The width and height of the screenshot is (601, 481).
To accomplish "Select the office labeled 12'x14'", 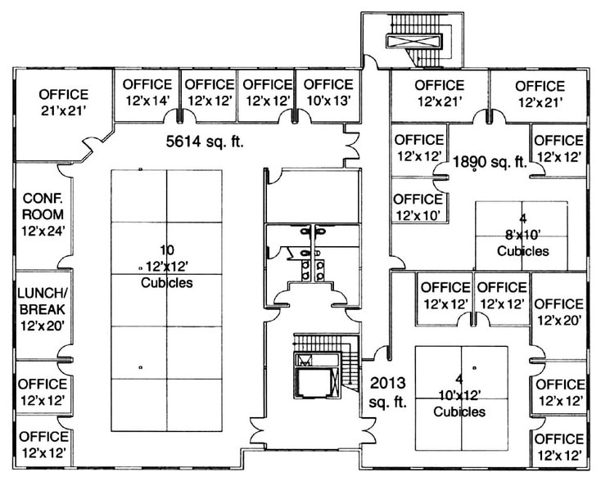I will click(147, 92).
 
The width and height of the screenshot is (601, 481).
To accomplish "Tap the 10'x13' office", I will click(328, 92).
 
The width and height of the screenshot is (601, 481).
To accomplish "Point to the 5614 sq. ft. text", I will click(206, 142).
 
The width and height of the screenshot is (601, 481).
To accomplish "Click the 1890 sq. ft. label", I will click(490, 162).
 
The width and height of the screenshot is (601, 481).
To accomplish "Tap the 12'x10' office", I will click(418, 207).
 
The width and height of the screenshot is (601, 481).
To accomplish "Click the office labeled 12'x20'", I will click(558, 312).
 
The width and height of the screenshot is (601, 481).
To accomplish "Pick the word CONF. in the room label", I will click(43, 199).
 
